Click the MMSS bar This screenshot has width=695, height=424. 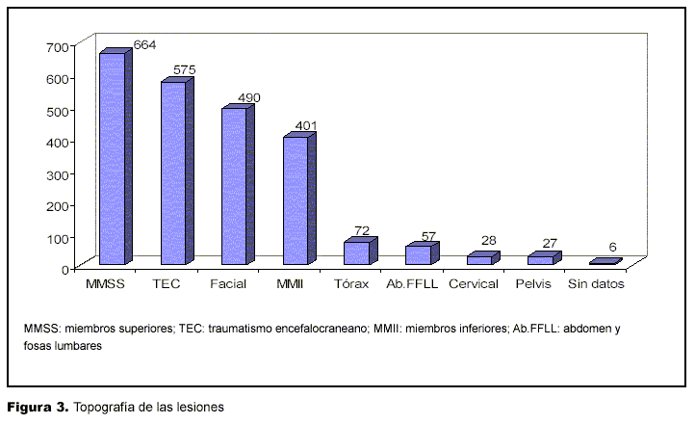point(112,158)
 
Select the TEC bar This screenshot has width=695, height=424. point(172,172)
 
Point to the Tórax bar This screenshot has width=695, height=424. point(356,252)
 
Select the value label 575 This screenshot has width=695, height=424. point(185,70)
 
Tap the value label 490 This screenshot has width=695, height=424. point(248,97)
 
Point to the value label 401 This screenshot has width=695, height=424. point(305,125)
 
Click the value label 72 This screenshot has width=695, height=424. point(362,230)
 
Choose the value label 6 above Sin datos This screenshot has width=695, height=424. point(612,248)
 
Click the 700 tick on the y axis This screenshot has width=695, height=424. point(57,46)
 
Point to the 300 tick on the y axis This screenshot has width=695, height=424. point(57,173)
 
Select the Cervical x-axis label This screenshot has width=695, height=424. point(475,284)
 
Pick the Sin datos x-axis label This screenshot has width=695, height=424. point(596,284)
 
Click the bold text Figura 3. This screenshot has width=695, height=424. point(38,408)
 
